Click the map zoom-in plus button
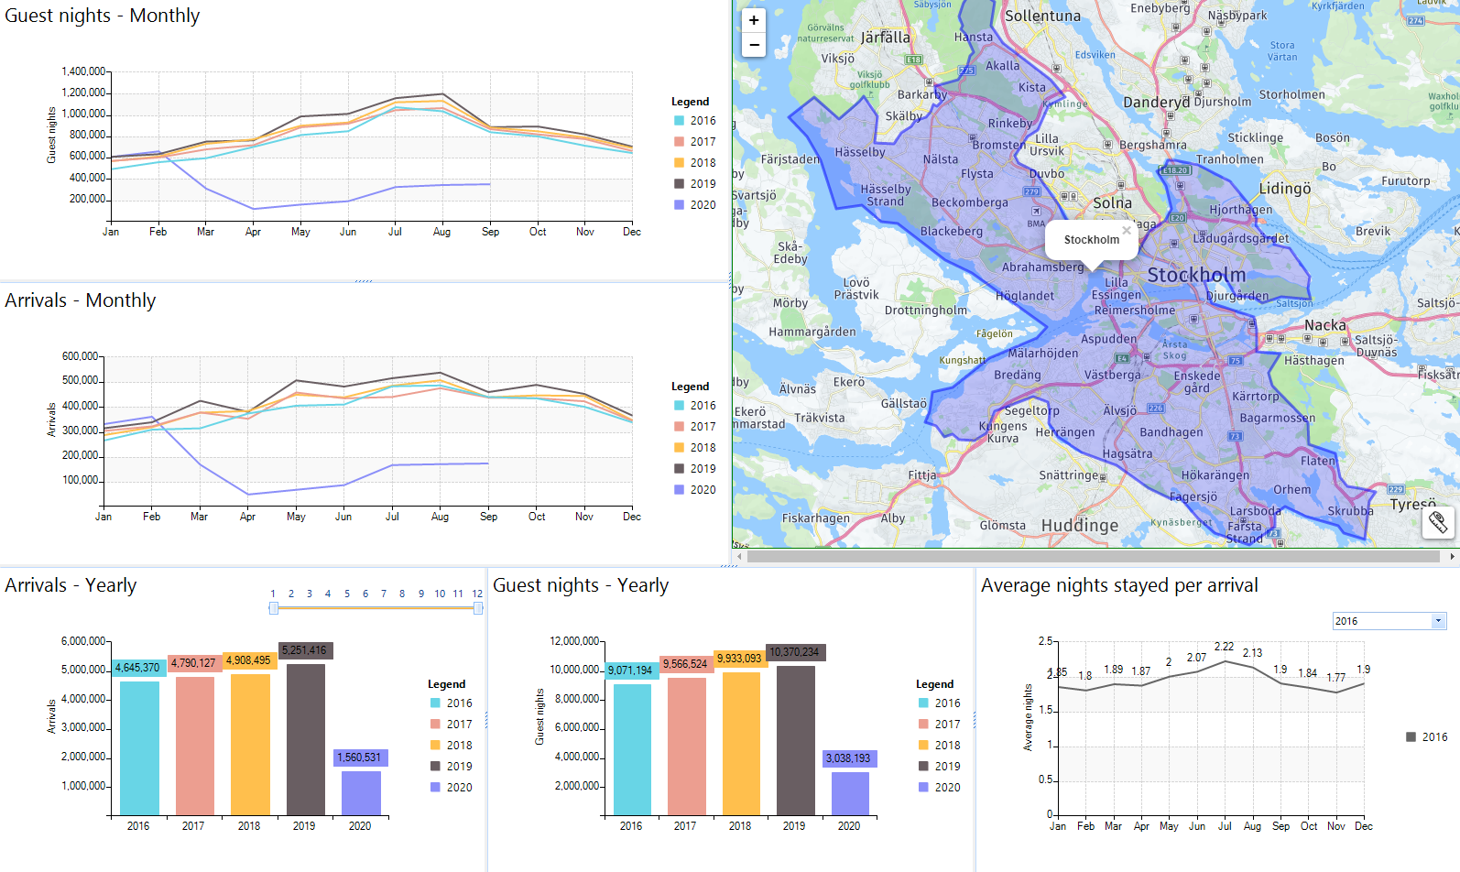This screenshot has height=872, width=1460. tap(754, 20)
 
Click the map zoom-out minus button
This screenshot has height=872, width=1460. tap(754, 44)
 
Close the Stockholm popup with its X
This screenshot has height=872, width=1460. tap(1127, 230)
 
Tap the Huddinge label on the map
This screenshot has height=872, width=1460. tap(1080, 525)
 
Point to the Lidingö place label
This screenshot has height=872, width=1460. tap(1285, 188)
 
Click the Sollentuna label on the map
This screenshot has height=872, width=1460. tap(1042, 16)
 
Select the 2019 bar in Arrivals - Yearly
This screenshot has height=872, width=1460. tap(305, 738)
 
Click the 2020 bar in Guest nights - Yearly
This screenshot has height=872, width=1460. tap(850, 792)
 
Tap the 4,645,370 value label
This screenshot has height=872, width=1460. tap(137, 668)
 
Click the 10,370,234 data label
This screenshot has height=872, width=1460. tap(794, 652)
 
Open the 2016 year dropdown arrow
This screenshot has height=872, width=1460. tap(1438, 621)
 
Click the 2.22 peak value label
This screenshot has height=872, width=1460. tap(1224, 646)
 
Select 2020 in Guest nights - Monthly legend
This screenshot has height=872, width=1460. tap(703, 205)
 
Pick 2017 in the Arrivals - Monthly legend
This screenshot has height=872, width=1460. tap(703, 427)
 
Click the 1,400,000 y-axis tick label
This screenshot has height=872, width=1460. tap(83, 71)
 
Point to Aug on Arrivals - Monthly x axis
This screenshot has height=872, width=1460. tap(440, 517)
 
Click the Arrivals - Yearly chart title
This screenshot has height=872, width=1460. tap(71, 585)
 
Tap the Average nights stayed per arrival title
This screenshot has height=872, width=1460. tap(1119, 585)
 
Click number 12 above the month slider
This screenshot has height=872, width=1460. tap(477, 594)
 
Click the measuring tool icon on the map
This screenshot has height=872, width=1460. tap(1438, 522)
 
